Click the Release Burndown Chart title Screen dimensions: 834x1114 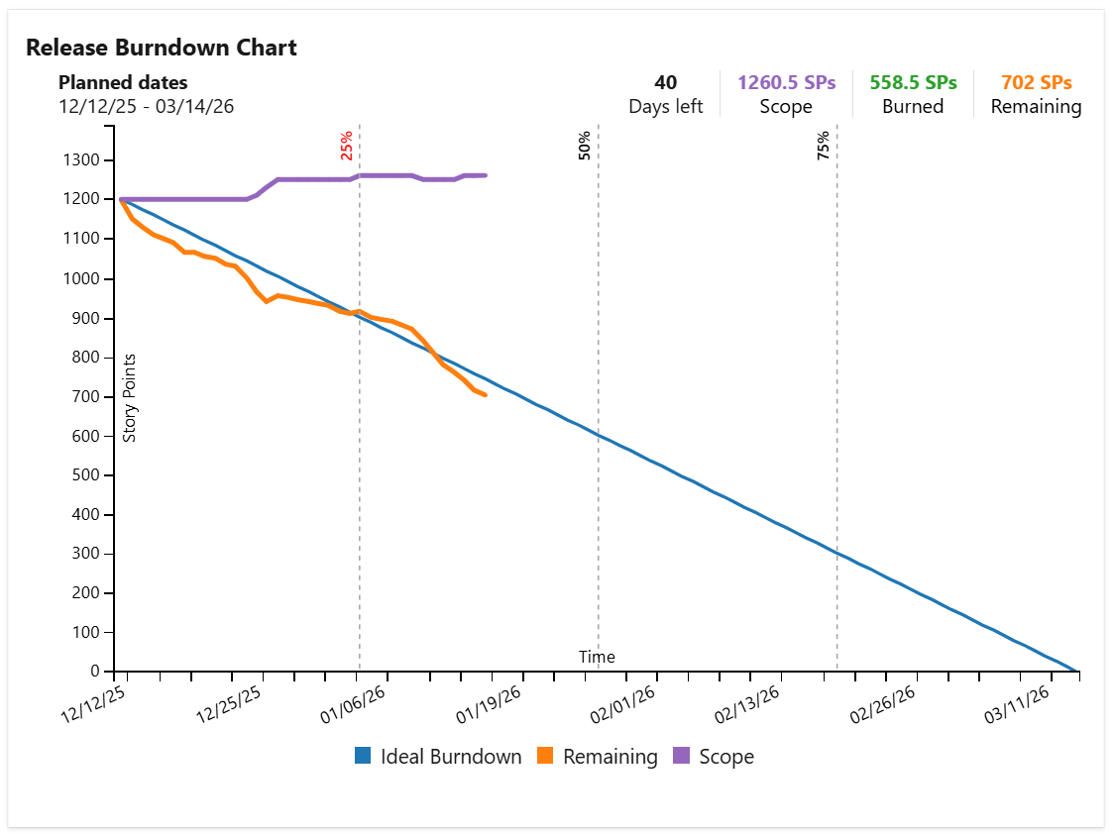pos(161,47)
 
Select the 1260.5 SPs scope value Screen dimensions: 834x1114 pos(786,83)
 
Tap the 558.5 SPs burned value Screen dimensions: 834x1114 pos(913,83)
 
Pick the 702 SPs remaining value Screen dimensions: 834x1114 pos(1036,83)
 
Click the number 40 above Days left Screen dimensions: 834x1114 pos(666,83)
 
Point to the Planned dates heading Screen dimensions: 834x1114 pos(123,83)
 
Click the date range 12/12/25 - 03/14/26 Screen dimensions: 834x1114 pos(147,106)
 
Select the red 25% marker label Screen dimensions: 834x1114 pos(346,147)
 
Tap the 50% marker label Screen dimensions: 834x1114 pos(585,146)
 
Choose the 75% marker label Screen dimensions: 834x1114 pos(824,146)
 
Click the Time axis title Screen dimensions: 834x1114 pos(597,657)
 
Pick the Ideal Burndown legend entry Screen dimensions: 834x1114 pos(438,757)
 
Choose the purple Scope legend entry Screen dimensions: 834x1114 pos(714,757)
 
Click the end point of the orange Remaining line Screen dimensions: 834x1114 pos(485,395)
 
